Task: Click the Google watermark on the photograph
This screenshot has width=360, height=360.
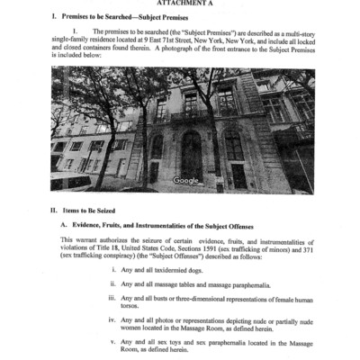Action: (x=186, y=180)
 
